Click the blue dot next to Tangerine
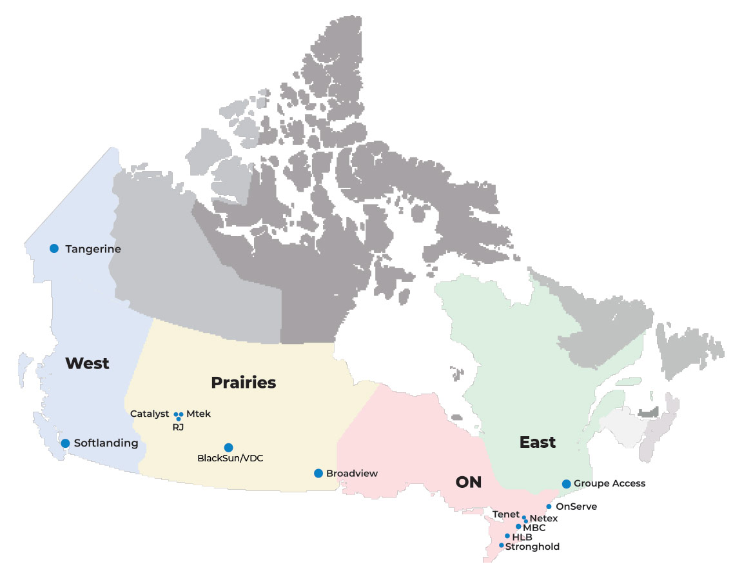(x=54, y=248)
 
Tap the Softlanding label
(x=106, y=443)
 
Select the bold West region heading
(x=87, y=363)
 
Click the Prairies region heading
(x=244, y=383)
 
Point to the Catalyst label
(x=150, y=414)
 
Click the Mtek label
(x=199, y=414)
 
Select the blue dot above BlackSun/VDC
(x=228, y=447)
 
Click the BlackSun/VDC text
(x=230, y=459)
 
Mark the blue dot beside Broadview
(x=318, y=473)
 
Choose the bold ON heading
(x=469, y=483)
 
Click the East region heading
(x=538, y=443)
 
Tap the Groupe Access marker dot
(x=566, y=483)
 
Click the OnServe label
(x=576, y=507)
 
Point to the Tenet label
(x=505, y=514)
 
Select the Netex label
(x=543, y=518)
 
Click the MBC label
(x=534, y=527)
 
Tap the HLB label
(x=522, y=536)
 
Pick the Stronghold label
(x=532, y=547)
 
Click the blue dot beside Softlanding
(x=65, y=443)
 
